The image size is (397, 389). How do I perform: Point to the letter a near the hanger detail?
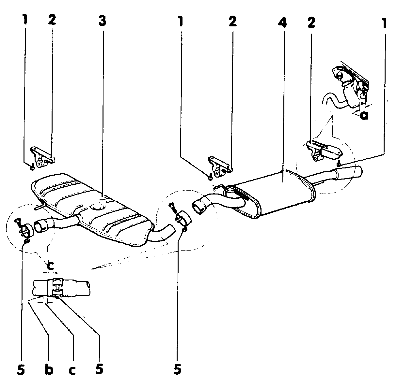[364, 115]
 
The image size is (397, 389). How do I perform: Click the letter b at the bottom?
[49, 370]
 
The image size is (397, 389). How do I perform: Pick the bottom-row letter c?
[72, 370]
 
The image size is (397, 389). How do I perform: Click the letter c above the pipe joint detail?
[51, 266]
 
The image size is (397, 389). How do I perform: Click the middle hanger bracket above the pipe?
[219, 166]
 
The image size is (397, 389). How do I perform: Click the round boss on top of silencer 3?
[97, 207]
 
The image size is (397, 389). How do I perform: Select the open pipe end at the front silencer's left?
[41, 226]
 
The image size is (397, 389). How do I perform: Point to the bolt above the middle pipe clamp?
[171, 207]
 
